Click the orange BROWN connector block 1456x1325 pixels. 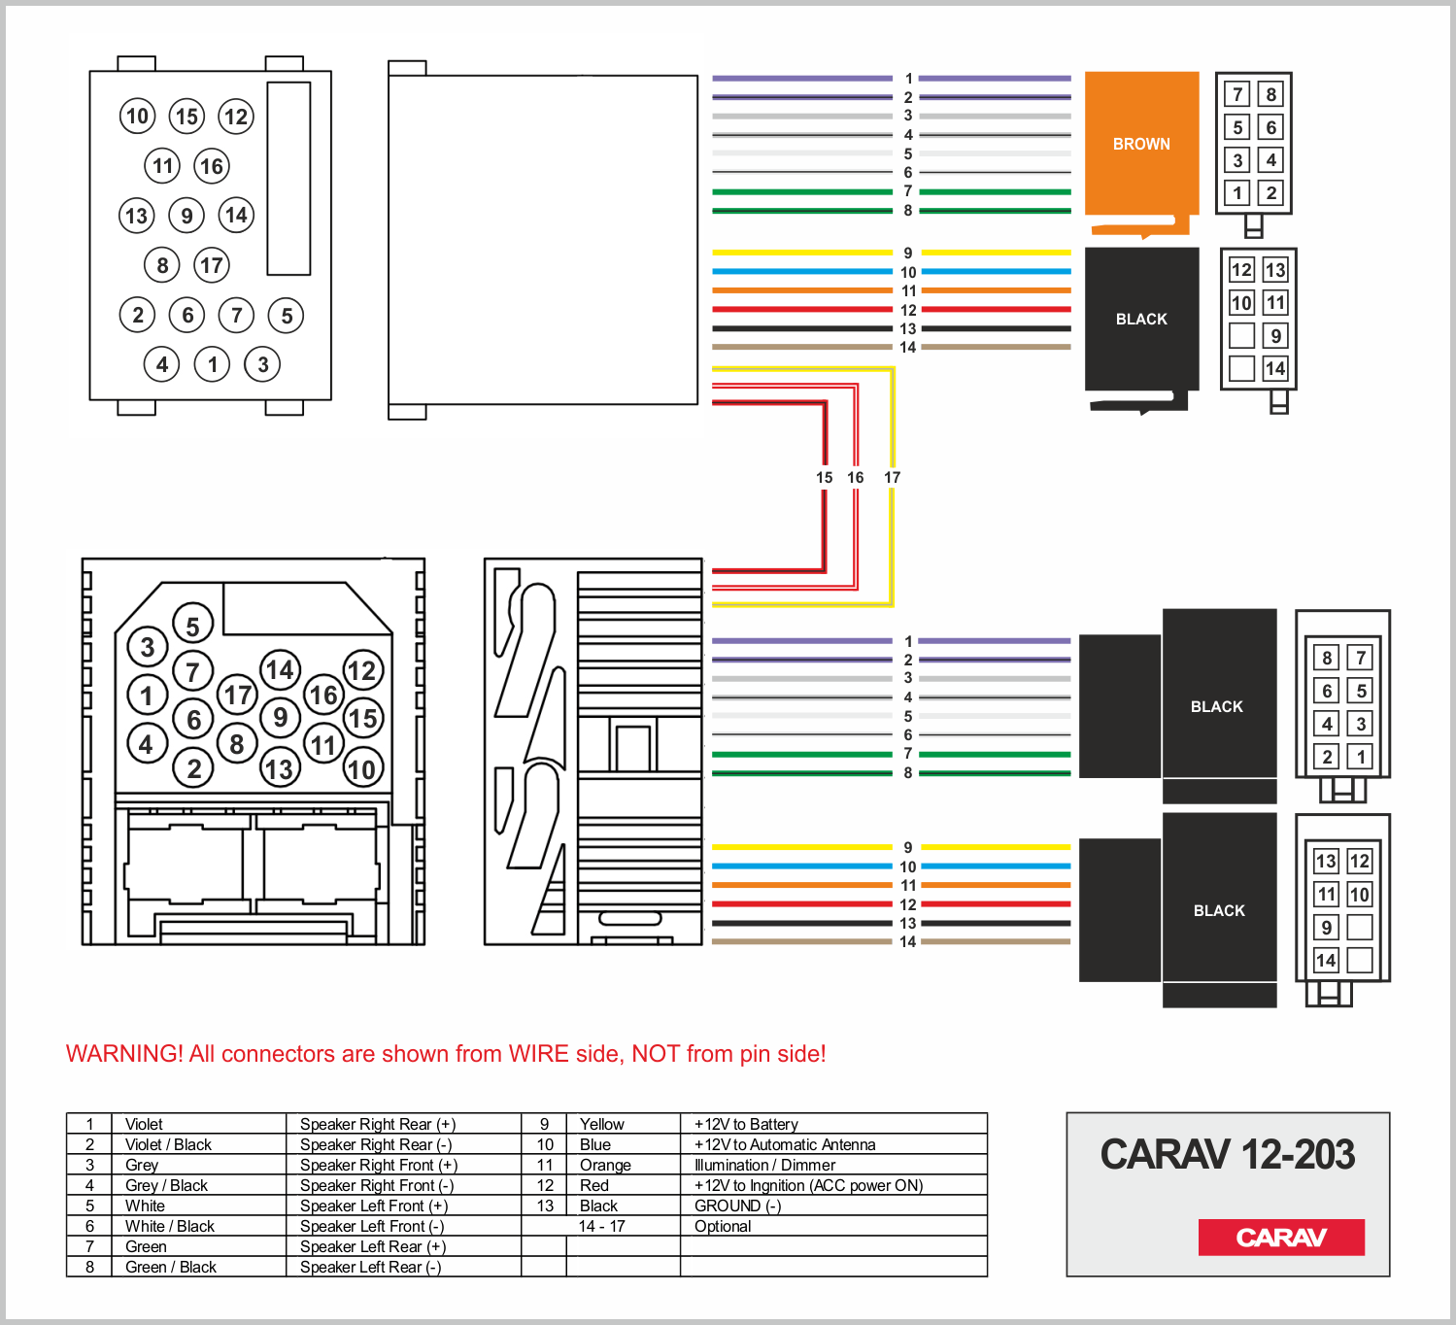[1141, 144]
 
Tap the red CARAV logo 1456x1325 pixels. [1281, 1237]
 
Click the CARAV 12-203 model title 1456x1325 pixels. [1228, 1154]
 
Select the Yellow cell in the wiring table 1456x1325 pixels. [602, 1124]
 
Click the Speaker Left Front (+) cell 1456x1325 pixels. [373, 1206]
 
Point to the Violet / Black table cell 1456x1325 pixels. [168, 1144]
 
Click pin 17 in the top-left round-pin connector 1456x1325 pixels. [212, 264]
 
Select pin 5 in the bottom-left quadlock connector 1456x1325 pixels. [192, 627]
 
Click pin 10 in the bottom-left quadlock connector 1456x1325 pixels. [362, 769]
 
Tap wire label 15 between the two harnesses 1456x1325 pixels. [825, 477]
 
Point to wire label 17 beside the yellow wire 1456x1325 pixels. [893, 477]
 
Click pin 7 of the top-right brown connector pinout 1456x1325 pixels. [1237, 94]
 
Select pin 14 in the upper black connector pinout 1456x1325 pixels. [1275, 368]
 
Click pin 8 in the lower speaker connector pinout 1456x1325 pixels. [1327, 658]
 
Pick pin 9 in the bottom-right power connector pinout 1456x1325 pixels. [1327, 928]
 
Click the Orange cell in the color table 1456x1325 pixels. [605, 1165]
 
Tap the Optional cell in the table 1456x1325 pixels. [723, 1226]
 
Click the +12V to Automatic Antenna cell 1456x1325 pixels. [785, 1144]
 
